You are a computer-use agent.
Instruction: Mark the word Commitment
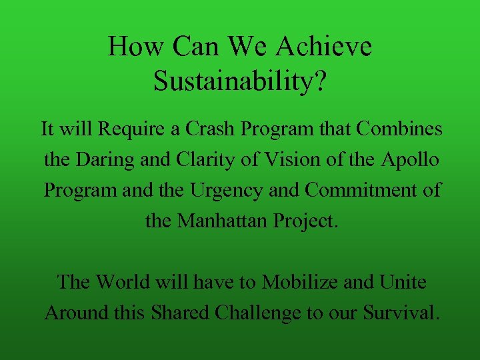click(x=365, y=190)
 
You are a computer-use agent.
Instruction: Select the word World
click(x=124, y=282)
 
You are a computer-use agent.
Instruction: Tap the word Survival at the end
click(x=398, y=313)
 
